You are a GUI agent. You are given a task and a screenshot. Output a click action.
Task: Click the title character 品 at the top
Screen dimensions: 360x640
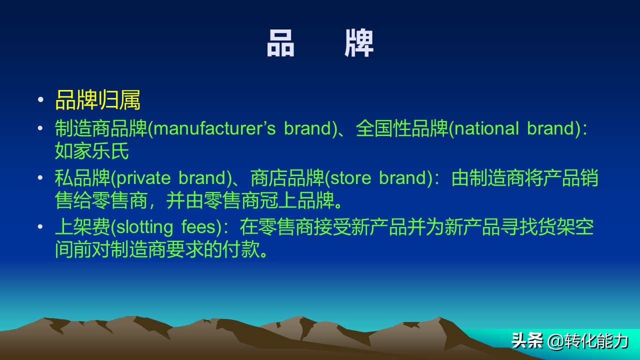tap(280, 43)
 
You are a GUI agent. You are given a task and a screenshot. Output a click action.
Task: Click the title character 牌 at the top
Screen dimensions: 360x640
tap(359, 43)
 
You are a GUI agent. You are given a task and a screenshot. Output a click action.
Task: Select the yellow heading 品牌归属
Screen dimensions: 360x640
tap(97, 100)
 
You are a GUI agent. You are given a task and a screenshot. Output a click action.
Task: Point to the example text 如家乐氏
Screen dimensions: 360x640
tap(92, 151)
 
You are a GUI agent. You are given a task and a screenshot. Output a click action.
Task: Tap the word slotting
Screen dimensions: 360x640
tap(143, 227)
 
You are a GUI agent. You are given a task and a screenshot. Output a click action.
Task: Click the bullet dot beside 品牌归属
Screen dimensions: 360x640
tap(40, 100)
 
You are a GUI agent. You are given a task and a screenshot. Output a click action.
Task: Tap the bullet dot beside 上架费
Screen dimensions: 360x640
tap(40, 227)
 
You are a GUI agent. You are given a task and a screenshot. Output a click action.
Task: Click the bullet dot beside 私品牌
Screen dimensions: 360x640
tap(40, 178)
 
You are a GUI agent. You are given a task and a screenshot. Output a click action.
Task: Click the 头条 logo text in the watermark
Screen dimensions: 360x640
tap(527, 341)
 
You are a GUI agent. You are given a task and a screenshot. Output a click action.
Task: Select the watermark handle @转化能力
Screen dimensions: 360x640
tap(588, 341)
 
